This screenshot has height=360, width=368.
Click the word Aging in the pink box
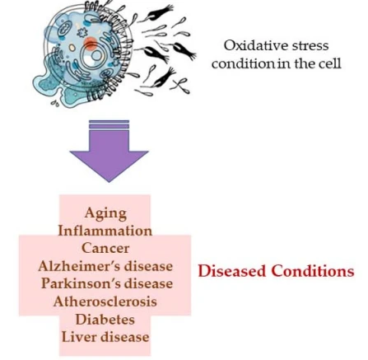(105, 213)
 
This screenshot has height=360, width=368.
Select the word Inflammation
(105, 231)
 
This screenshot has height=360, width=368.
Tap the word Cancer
(105, 248)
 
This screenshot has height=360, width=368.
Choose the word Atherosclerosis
(105, 302)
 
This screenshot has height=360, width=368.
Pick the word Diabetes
(105, 319)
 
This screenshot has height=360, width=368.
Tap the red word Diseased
(232, 271)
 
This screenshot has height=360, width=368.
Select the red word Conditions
(313, 271)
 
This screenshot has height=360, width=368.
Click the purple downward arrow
(109, 151)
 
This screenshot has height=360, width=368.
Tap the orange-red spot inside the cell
(91, 44)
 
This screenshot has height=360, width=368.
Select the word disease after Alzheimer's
(148, 266)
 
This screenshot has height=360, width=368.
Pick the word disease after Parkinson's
(148, 283)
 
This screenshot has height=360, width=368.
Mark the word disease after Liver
(125, 337)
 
